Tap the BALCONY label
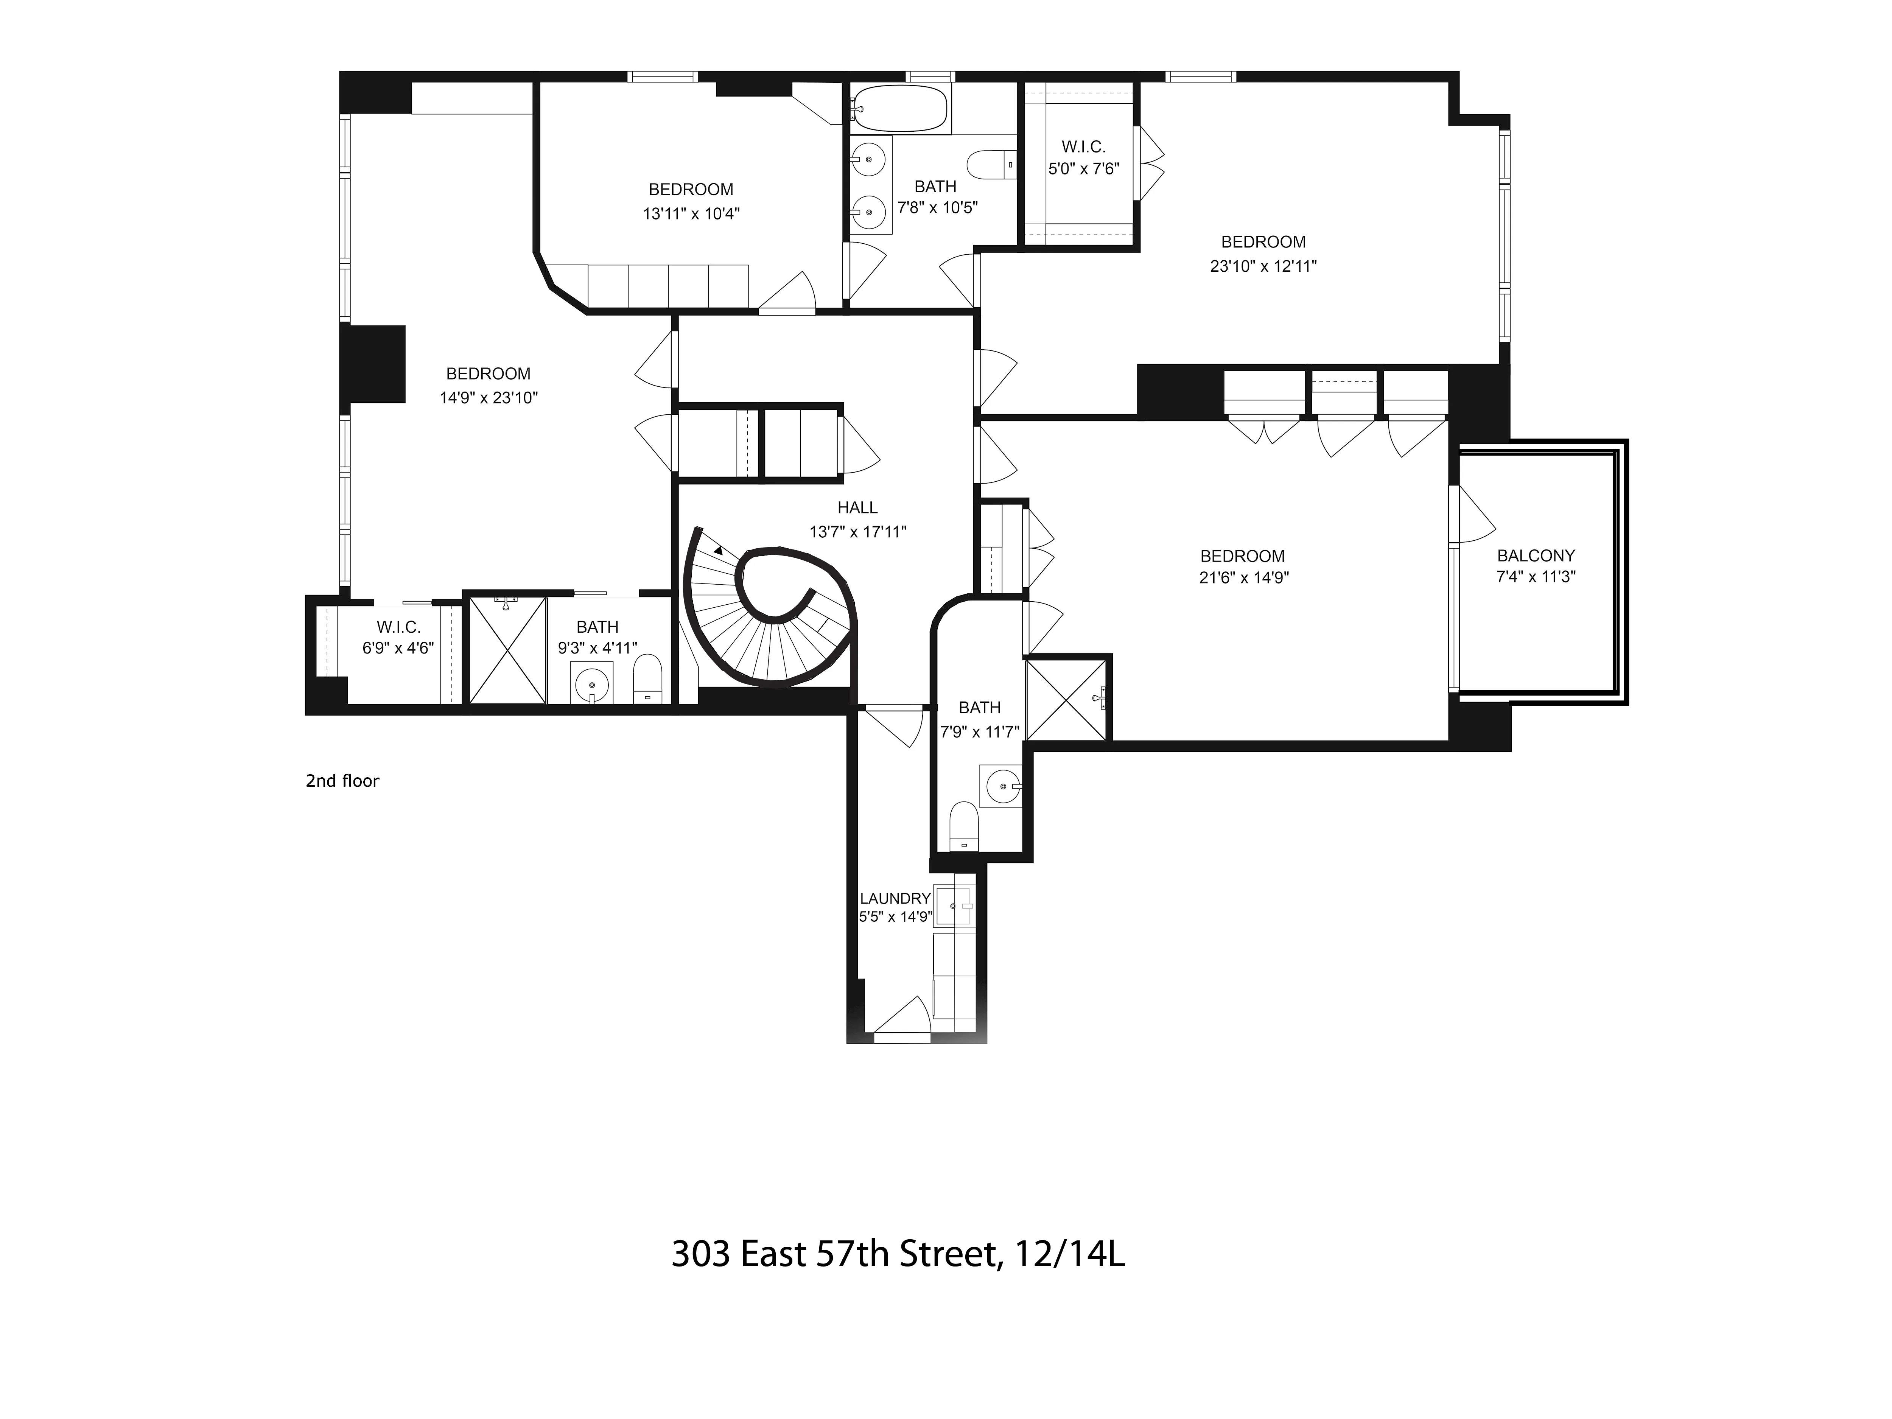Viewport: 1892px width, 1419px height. coord(1535,555)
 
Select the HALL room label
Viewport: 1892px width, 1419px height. coord(857,507)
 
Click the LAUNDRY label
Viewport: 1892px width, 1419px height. coord(895,898)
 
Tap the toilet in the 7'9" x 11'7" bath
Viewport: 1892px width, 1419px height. coord(964,825)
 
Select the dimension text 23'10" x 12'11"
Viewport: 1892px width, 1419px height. coord(1262,266)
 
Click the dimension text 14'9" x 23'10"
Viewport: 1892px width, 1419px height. coord(489,398)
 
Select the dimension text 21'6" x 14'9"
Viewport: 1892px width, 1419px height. coord(1244,577)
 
